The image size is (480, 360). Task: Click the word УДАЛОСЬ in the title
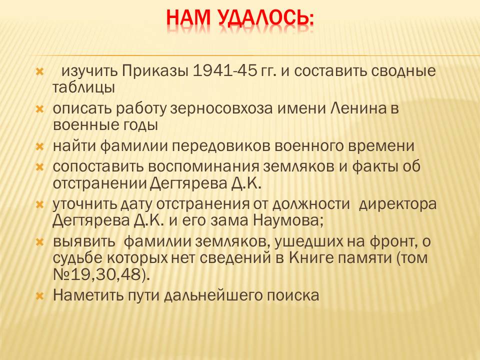click(265, 18)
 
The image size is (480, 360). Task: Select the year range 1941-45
click(224, 70)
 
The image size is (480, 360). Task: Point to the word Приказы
click(155, 71)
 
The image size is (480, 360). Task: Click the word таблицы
click(83, 88)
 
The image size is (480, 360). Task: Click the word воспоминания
click(203, 167)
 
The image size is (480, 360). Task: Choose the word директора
click(397, 204)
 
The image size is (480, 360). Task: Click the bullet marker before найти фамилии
click(40, 147)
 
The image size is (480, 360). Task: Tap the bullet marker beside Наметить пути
click(40, 296)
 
